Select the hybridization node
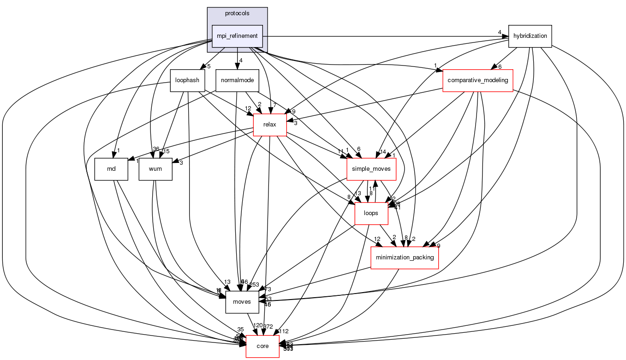(530, 36)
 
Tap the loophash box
(187, 80)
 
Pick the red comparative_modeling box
(477, 80)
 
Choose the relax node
(270, 125)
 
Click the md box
(111, 169)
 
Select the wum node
(155, 169)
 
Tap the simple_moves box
(371, 169)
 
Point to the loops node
(371, 213)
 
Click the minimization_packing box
(405, 257)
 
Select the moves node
(242, 302)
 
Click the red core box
(262, 346)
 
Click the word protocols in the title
(237, 13)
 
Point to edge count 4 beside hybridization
(500, 32)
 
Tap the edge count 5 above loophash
(209, 66)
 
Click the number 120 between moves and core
(257, 325)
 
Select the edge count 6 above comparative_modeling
(500, 66)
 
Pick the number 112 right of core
(284, 331)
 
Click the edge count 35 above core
(240, 329)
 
